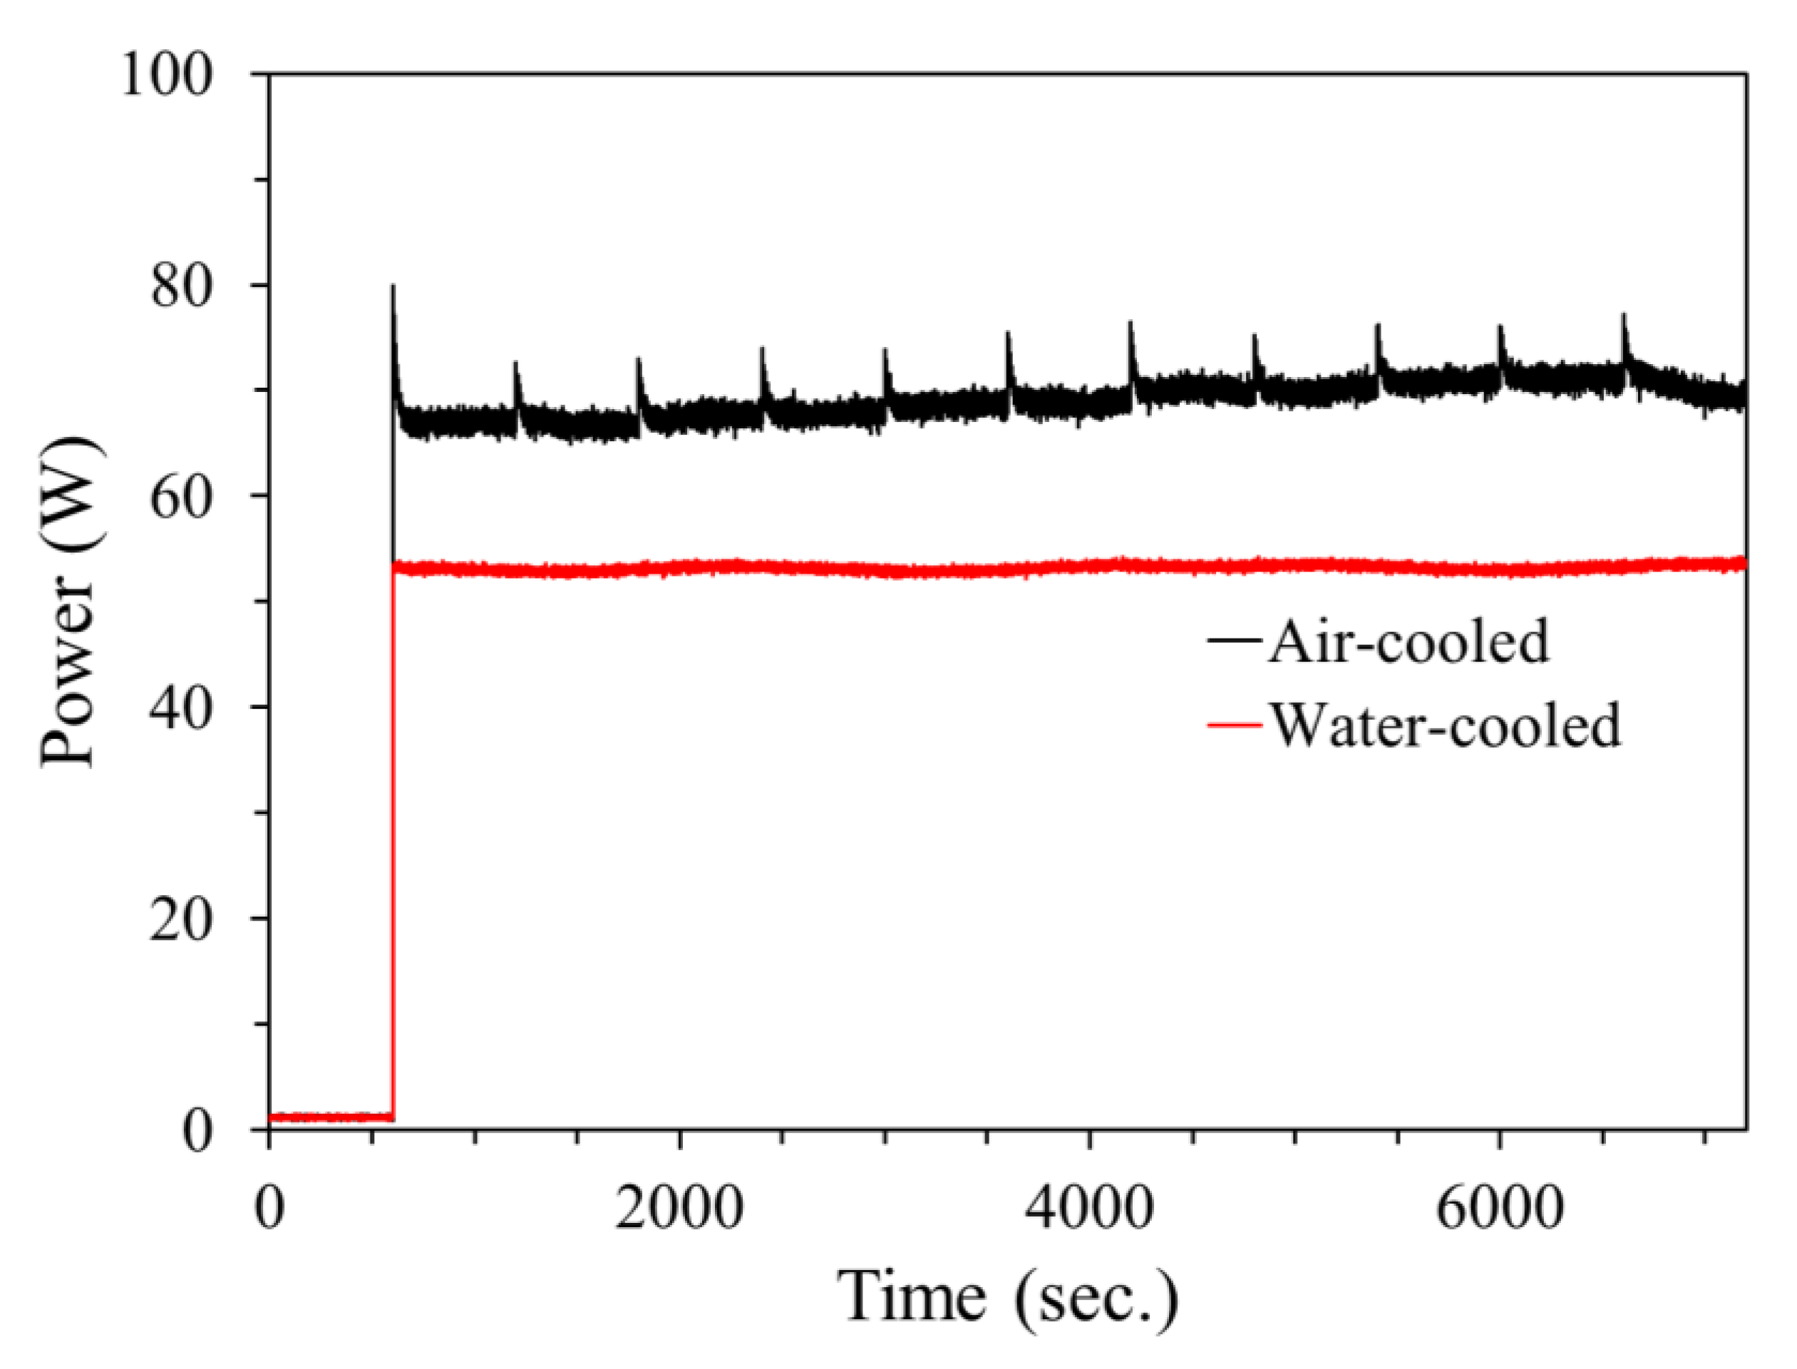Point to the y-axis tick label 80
182,286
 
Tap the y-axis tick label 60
182,498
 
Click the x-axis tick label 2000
678,1208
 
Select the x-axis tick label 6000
1500,1208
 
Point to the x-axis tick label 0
269,1208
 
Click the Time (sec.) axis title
1007,1297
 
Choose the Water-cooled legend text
1445,725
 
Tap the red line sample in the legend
1234,725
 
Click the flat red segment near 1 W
330,1117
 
